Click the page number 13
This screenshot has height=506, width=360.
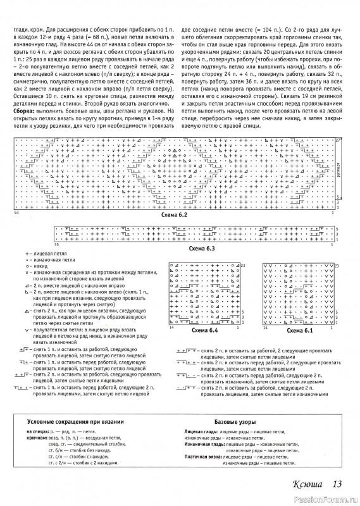click(337, 484)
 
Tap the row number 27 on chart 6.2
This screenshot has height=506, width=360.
click(337, 139)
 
